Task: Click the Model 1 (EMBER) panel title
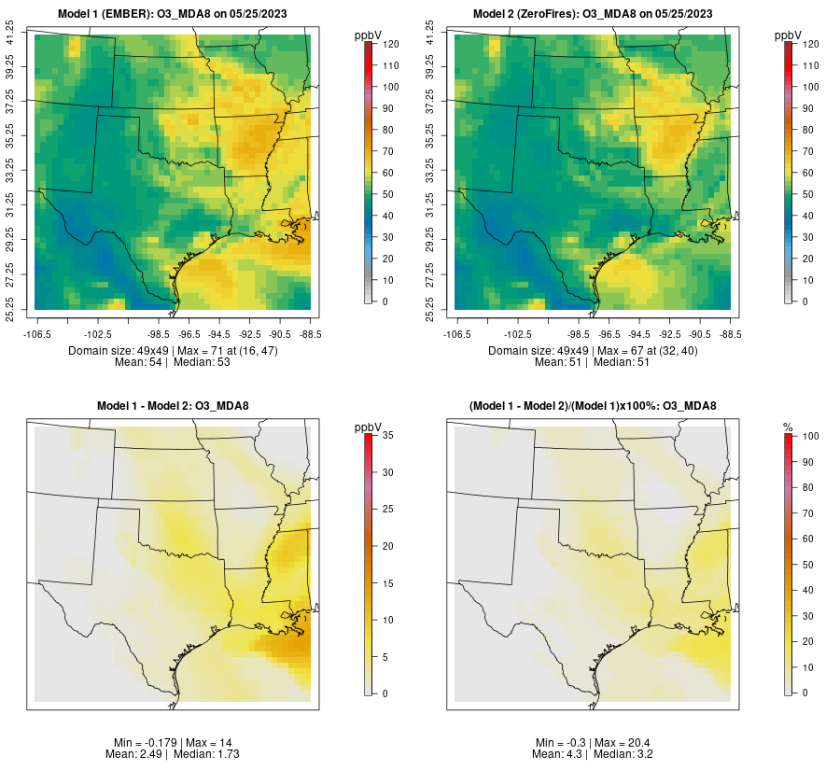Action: click(x=173, y=13)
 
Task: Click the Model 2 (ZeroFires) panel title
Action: click(x=594, y=13)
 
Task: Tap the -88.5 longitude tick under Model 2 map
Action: click(x=730, y=332)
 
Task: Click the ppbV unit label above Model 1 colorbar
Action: click(x=369, y=35)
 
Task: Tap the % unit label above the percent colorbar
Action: click(x=788, y=427)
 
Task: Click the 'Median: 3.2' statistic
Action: click(x=625, y=753)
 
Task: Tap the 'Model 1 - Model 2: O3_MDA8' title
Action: click(x=173, y=405)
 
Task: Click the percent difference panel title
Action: click(x=594, y=405)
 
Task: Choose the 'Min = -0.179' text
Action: click(x=146, y=742)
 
